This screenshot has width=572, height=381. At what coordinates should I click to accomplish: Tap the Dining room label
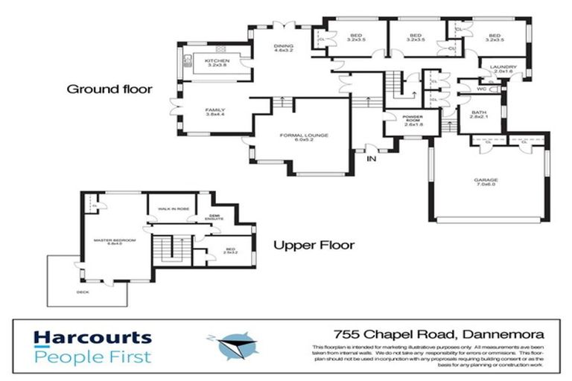(282, 48)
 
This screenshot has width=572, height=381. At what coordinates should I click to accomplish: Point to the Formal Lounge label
(304, 137)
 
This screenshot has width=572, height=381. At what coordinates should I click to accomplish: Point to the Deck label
(82, 292)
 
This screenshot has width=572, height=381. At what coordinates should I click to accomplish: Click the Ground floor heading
(109, 89)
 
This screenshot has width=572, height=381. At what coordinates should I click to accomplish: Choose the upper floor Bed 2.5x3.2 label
(229, 252)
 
